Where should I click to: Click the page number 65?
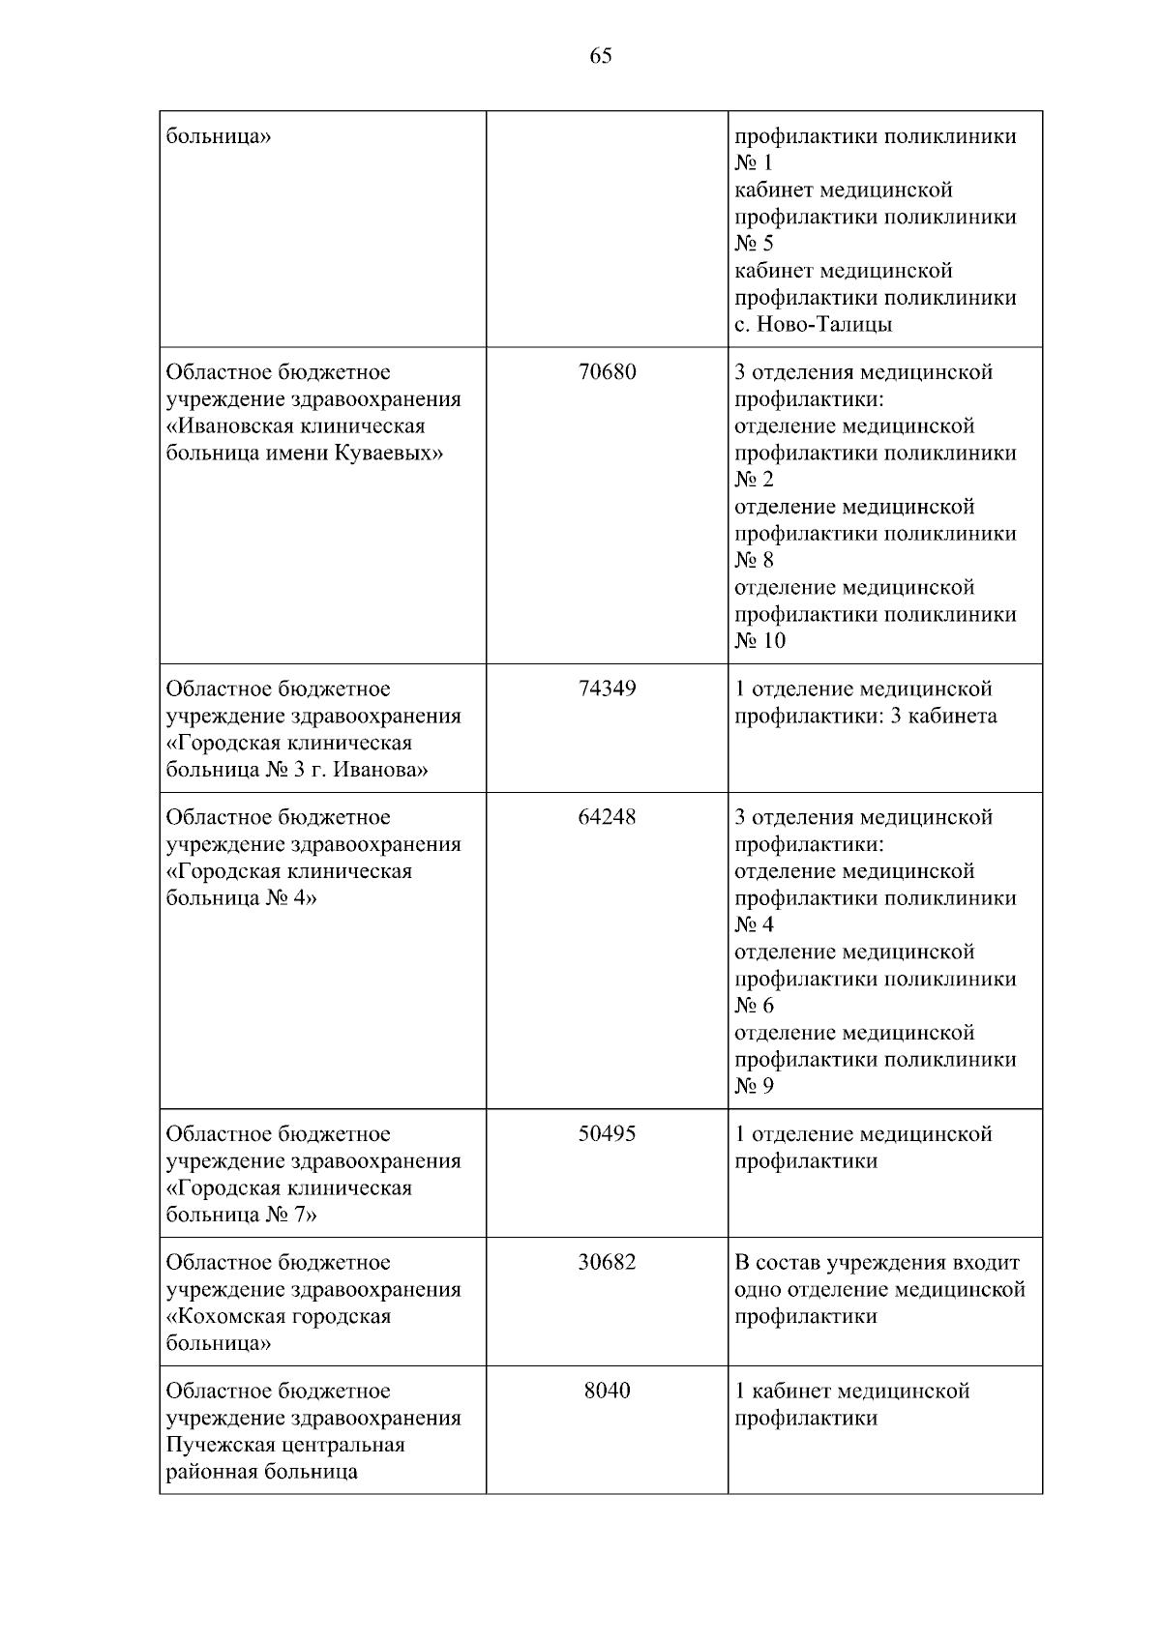coord(600,56)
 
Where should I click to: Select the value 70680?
coord(607,372)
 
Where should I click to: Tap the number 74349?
coord(607,689)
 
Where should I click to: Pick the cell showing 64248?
coord(607,817)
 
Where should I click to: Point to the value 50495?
coord(607,1134)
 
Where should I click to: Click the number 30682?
coord(607,1263)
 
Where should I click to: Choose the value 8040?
coord(607,1391)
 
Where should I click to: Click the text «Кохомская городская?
coord(279,1317)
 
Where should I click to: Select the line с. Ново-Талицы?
coord(813,325)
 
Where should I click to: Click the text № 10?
coord(759,641)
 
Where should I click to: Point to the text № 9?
coord(754,1086)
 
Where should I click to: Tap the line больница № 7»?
coord(242,1216)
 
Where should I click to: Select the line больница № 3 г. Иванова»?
coord(297,771)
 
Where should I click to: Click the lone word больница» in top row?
coord(219,136)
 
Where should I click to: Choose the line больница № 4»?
coord(242,898)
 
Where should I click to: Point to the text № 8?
coord(754,561)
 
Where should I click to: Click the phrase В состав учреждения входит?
coord(877,1263)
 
